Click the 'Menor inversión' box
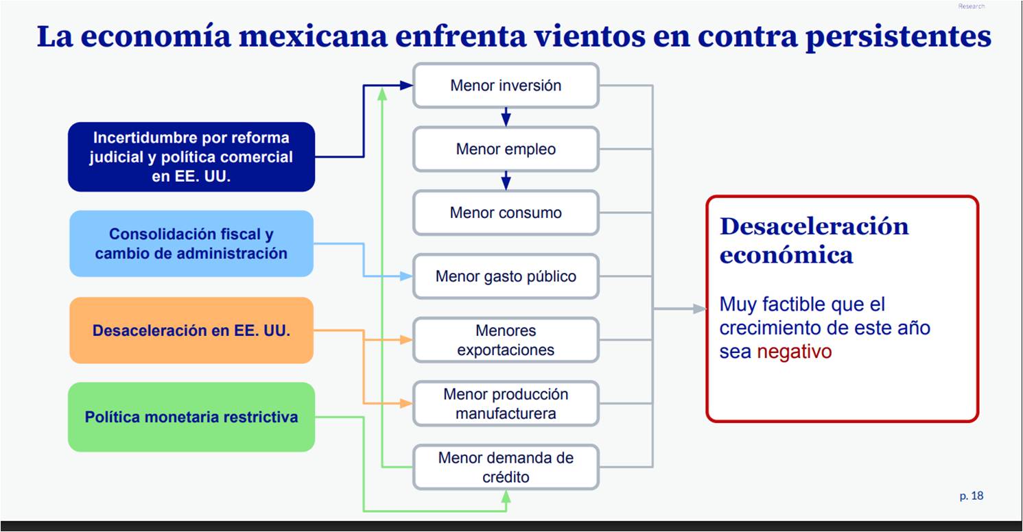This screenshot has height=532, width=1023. pyautogui.click(x=506, y=86)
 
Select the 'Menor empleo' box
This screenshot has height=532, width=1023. pyautogui.click(x=506, y=149)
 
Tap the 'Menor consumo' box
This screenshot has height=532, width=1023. pyautogui.click(x=506, y=213)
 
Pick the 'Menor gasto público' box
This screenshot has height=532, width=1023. pyautogui.click(x=506, y=276)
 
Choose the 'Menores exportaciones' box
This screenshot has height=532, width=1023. pyautogui.click(x=506, y=340)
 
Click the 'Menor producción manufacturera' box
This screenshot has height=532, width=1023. pyautogui.click(x=506, y=404)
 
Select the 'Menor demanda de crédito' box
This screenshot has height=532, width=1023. pyautogui.click(x=506, y=467)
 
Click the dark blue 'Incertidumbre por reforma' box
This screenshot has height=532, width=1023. pyautogui.click(x=191, y=157)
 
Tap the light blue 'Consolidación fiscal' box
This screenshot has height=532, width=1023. pyautogui.click(x=191, y=243)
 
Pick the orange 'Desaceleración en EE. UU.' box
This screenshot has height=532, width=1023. pyautogui.click(x=191, y=330)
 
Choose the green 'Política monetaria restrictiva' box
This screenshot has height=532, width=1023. pyautogui.click(x=191, y=417)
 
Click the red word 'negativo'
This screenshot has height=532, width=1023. pyautogui.click(x=794, y=352)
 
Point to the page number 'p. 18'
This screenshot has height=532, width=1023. pyautogui.click(x=971, y=496)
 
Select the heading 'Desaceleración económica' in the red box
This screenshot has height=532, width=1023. pyautogui.click(x=814, y=240)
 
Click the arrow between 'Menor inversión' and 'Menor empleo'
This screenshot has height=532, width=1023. pyautogui.click(x=506, y=117)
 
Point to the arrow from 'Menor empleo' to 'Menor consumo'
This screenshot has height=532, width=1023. pyautogui.click(x=506, y=181)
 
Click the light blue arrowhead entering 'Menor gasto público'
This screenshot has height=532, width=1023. pyautogui.click(x=405, y=276)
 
